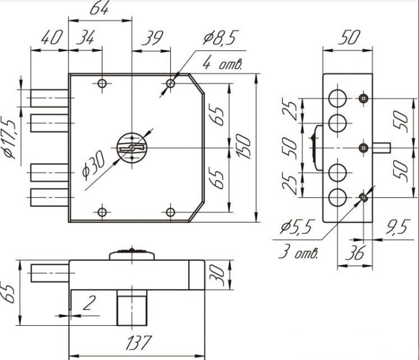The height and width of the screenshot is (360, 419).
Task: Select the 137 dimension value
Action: (138, 343)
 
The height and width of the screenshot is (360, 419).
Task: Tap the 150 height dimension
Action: (243, 146)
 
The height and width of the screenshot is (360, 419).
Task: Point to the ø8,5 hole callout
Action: (220, 37)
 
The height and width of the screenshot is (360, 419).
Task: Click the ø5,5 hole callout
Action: (296, 227)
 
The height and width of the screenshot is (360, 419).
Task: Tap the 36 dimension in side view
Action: (355, 253)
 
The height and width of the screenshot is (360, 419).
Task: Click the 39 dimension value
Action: (152, 38)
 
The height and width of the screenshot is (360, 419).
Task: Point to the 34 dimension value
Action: (85, 37)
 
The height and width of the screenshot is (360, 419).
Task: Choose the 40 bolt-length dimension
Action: (52, 37)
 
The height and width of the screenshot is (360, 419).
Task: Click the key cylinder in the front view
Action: (132, 148)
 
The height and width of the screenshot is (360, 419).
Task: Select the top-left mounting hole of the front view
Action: (102, 83)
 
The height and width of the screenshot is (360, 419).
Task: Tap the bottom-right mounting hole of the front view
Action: (170, 212)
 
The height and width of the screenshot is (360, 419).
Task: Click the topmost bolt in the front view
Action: (49, 98)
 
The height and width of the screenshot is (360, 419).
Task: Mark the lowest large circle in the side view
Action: (337, 197)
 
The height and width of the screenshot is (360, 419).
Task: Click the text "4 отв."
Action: (222, 64)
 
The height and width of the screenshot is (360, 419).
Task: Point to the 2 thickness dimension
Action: (89, 303)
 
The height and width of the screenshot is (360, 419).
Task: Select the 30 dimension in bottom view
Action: (218, 275)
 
